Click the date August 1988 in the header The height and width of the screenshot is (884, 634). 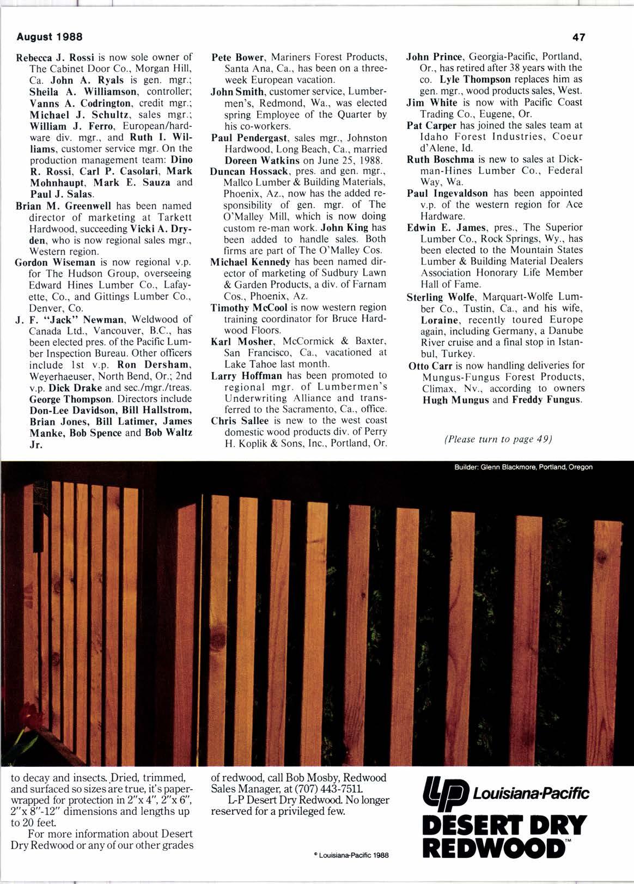click(x=50, y=37)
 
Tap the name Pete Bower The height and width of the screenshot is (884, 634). click(x=238, y=57)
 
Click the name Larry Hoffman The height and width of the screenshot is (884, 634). click(x=246, y=375)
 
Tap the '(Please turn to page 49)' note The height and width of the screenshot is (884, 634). click(x=498, y=439)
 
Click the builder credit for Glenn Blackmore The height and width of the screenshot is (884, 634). click(x=523, y=467)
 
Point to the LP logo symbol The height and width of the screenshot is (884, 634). click(x=446, y=792)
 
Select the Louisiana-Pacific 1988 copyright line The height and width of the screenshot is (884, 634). click(x=352, y=856)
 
